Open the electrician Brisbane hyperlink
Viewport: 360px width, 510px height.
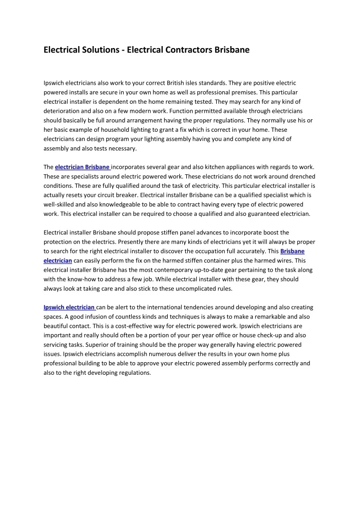(x=82, y=167)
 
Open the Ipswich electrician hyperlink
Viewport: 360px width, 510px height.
(x=69, y=307)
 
